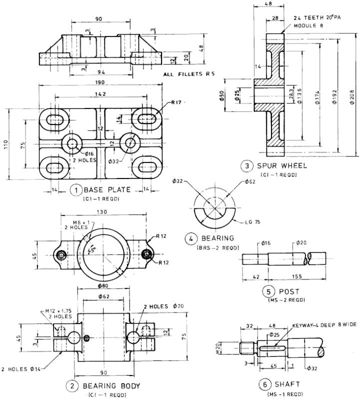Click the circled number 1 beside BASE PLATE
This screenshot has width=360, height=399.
(x=75, y=190)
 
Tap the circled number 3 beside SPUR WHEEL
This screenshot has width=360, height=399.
(x=245, y=165)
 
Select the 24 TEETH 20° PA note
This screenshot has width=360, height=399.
(x=317, y=17)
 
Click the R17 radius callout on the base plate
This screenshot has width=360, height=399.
(x=175, y=102)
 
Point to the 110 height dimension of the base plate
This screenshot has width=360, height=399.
(x=6, y=144)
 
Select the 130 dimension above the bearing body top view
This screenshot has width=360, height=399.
(x=102, y=212)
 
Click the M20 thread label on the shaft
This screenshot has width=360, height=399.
(x=225, y=346)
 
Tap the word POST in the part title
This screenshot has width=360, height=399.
(x=289, y=291)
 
